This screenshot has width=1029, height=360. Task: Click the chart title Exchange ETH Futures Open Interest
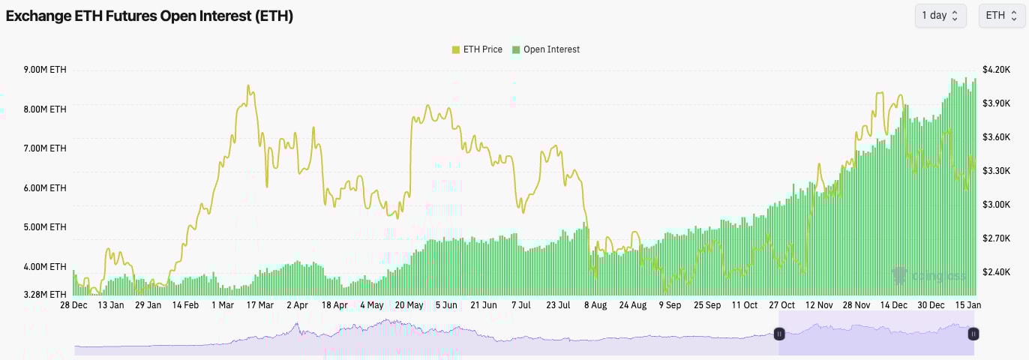coord(149,16)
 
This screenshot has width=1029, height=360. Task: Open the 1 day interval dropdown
coord(940,16)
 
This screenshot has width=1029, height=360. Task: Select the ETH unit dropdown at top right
coord(1001,16)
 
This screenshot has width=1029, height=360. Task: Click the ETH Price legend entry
coord(477,49)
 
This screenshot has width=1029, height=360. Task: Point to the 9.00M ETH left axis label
coord(45,70)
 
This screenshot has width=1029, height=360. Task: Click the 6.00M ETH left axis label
coord(45,188)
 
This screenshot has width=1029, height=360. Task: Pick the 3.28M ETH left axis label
coord(45,294)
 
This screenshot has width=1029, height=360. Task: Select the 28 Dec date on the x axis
coord(73,305)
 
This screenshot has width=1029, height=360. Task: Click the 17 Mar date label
coord(259,305)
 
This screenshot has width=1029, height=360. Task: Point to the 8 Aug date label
coord(595,305)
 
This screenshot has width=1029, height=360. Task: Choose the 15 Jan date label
coord(967,305)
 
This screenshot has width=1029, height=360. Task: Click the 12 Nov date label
coord(819,305)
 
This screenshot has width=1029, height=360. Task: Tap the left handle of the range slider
coord(779,334)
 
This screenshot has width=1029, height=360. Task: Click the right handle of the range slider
coord(973,334)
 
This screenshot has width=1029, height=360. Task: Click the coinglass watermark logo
coord(927,276)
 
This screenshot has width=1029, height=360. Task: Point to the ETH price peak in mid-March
coord(248,86)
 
